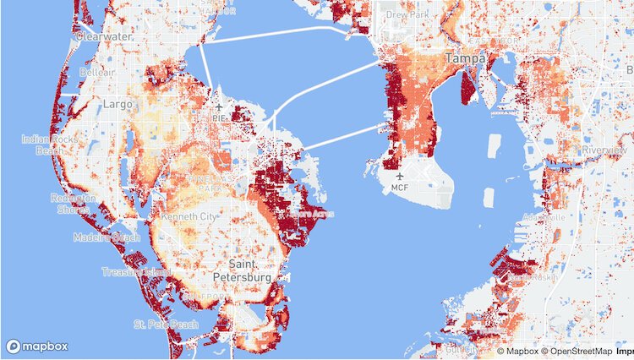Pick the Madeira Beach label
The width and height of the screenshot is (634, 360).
point(107,238)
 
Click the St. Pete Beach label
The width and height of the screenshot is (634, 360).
point(167,325)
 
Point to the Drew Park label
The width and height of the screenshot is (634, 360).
point(407,14)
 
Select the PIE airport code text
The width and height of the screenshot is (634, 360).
point(219,119)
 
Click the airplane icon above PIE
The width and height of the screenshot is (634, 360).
point(219,108)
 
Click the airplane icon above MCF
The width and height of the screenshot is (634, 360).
point(400,175)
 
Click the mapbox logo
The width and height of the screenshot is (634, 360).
point(37,346)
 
